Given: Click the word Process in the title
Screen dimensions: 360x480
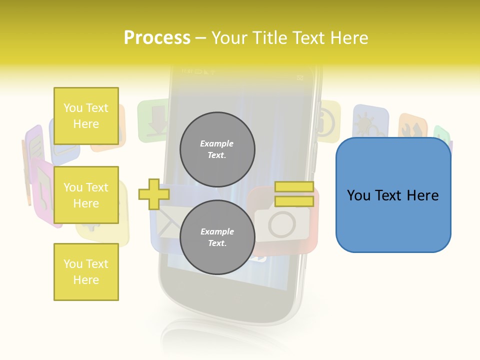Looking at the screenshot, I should pos(157,38).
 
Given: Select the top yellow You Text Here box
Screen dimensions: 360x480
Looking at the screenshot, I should pos(86,116).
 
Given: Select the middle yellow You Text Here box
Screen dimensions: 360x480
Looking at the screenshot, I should pos(86,195).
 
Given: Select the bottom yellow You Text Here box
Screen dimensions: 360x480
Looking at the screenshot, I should pos(86,272).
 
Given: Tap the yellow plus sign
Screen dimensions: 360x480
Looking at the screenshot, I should pos(153,194).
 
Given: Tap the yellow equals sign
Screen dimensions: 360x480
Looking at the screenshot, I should pos(294,194).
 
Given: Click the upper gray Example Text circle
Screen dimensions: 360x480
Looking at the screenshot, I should pos(217,149).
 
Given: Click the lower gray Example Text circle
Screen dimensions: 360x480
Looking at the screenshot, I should pos(217,237).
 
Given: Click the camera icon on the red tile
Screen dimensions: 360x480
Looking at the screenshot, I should pos(283,223).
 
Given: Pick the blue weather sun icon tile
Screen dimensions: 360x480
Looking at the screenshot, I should pos(370,123).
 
